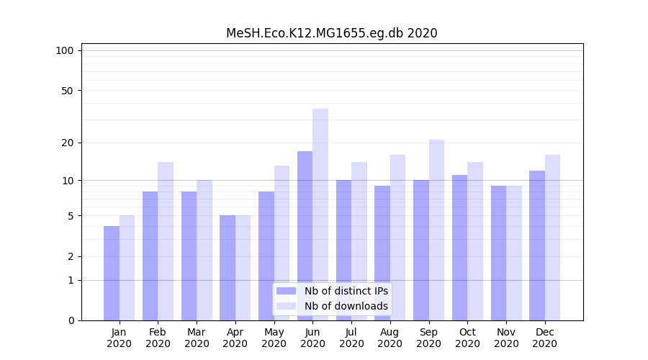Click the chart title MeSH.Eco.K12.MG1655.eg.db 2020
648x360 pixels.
coord(331,33)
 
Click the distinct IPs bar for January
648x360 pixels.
coord(112,273)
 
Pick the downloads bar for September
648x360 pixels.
coord(436,230)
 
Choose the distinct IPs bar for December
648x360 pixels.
coord(537,246)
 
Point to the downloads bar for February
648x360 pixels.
coord(166,241)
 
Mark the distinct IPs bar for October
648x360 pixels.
coord(460,248)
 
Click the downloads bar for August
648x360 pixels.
coord(397,238)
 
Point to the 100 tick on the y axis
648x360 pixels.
coord(65,50)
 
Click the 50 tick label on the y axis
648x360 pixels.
coord(67,91)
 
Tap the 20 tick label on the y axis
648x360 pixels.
coord(67,143)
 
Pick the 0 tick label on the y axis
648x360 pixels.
coord(71,320)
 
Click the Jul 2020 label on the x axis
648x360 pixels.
coord(351,338)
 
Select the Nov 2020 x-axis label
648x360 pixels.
coord(506,338)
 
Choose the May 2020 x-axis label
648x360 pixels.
coord(274,338)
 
